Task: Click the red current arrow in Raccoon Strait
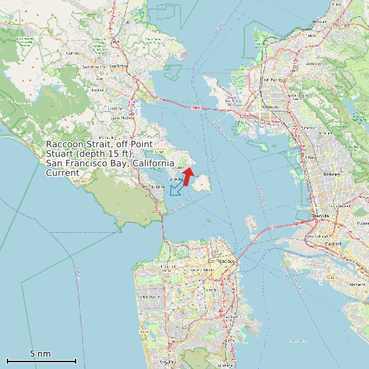[189, 176]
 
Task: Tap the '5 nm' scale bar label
[40, 354]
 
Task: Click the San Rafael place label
[95, 67]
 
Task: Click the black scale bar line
[41, 361]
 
